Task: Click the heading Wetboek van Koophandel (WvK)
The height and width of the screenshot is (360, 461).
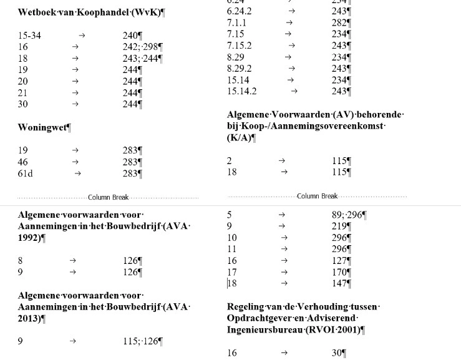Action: [91, 12]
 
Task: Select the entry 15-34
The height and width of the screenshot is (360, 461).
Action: [29, 36]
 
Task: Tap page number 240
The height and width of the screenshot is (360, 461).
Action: [130, 36]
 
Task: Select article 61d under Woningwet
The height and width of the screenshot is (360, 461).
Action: [25, 173]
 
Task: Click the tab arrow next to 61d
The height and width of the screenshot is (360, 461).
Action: [77, 173]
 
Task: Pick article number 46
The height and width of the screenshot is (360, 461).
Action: [23, 162]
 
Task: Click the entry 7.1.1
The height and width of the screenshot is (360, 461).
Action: [236, 22]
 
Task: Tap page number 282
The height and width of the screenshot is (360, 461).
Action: [339, 22]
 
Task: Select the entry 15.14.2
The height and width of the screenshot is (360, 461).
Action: [242, 91]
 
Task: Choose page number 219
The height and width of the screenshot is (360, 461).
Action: [339, 226]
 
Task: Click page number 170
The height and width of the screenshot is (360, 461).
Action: [339, 272]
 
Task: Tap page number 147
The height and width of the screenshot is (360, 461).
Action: [339, 283]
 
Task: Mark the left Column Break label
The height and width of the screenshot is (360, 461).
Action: [108, 197]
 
